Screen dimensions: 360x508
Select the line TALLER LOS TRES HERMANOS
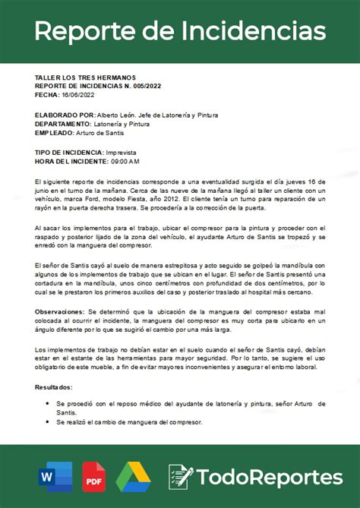pyautogui.click(x=85, y=78)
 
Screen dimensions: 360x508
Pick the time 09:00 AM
pyautogui.click(x=125, y=161)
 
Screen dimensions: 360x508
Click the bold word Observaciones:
pyautogui.click(x=61, y=312)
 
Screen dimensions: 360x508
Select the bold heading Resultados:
pyautogui.click(x=55, y=387)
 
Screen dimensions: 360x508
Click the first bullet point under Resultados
pyautogui.click(x=48, y=403)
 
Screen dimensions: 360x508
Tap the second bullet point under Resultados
pyautogui.click(x=48, y=421)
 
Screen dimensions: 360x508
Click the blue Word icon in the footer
pyautogui.click(x=54, y=477)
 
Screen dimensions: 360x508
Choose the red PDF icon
pyautogui.click(x=94, y=477)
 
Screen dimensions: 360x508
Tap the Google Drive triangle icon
pyautogui.click(x=134, y=477)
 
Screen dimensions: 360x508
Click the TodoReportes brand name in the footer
pyautogui.click(x=270, y=477)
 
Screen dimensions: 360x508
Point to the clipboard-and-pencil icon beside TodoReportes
pyautogui.click(x=181, y=476)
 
